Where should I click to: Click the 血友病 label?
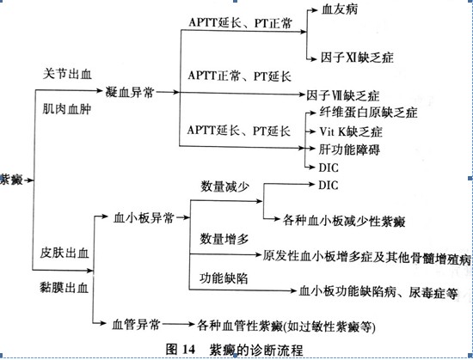pyautogui.click(x=340, y=9)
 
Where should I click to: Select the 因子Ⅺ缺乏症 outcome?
pyautogui.click(x=357, y=57)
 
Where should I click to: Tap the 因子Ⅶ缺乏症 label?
pyautogui.click(x=343, y=95)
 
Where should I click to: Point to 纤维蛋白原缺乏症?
pyautogui.click(x=368, y=113)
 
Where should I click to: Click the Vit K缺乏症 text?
pyautogui.click(x=351, y=131)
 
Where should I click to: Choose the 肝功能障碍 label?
pyautogui.click(x=349, y=149)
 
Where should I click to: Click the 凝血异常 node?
pyautogui.click(x=130, y=92)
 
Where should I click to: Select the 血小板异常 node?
pyautogui.click(x=144, y=217)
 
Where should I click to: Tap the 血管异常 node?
pyautogui.click(x=136, y=325)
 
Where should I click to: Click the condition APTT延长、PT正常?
pyautogui.click(x=240, y=23)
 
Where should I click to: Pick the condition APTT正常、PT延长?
pyautogui.click(x=240, y=76)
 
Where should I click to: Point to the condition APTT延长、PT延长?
pyautogui.click(x=238, y=131)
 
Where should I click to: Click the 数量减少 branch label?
pyautogui.click(x=224, y=186)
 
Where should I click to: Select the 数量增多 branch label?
pyautogui.click(x=224, y=239)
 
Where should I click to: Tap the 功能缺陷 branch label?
pyautogui.click(x=224, y=278)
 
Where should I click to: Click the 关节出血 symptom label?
pyautogui.click(x=67, y=74)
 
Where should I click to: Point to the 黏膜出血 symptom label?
pyautogui.click(x=64, y=288)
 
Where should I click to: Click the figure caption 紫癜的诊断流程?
pyautogui.click(x=256, y=350)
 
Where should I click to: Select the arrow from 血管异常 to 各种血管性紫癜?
pyautogui.click(x=178, y=324)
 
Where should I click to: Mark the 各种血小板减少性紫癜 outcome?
pyautogui.click(x=344, y=221)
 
